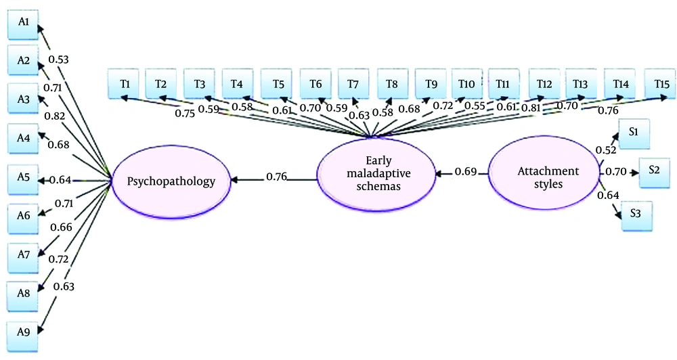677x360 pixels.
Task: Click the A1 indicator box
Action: pyautogui.click(x=23, y=22)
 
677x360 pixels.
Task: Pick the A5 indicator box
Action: pyautogui.click(x=23, y=179)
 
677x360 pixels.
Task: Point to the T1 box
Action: pyautogui.click(x=125, y=84)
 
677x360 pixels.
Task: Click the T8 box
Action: pyautogui.click(x=393, y=84)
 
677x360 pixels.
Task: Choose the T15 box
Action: pyautogui.click(x=661, y=84)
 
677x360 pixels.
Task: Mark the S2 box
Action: pyautogui.click(x=653, y=170)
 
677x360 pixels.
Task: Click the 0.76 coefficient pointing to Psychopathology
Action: pyautogui.click(x=276, y=177)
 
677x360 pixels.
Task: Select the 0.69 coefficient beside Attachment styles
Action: pyautogui.click(x=466, y=172)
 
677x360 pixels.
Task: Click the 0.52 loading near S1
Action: pyautogui.click(x=605, y=148)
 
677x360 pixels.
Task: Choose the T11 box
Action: pyautogui.click(x=502, y=84)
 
